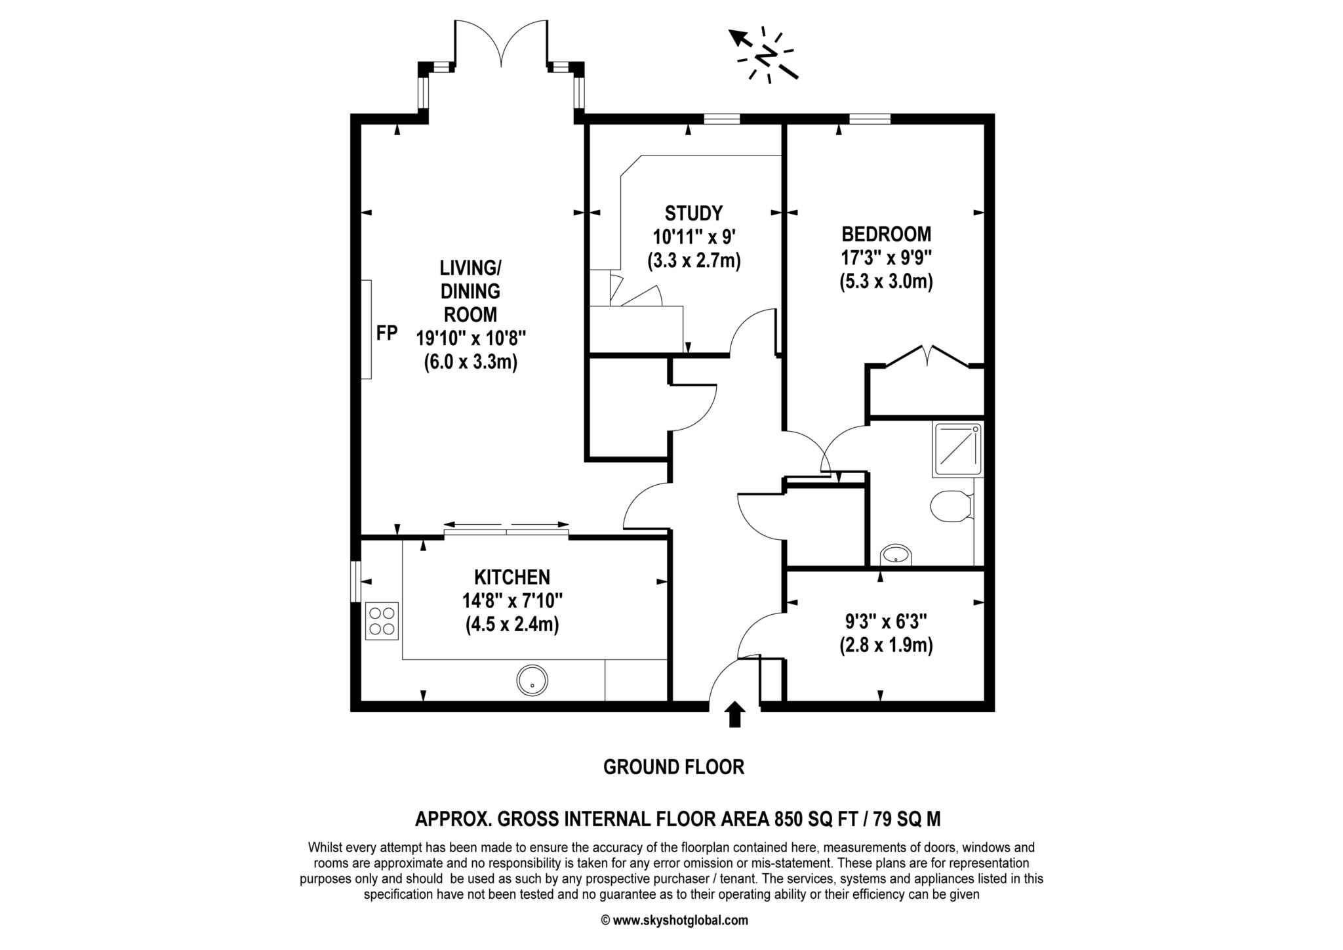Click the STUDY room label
tap(693, 213)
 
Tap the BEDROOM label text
tap(886, 234)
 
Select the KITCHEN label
tap(511, 577)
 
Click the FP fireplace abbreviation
tap(387, 333)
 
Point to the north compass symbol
tap(765, 56)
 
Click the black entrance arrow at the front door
tap(735, 714)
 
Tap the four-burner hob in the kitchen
tap(382, 621)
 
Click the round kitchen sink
tap(532, 680)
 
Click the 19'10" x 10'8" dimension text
tap(471, 338)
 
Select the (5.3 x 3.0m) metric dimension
tap(886, 282)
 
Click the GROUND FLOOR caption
tap(673, 767)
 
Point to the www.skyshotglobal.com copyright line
tap(674, 920)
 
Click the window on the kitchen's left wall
tap(355, 581)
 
